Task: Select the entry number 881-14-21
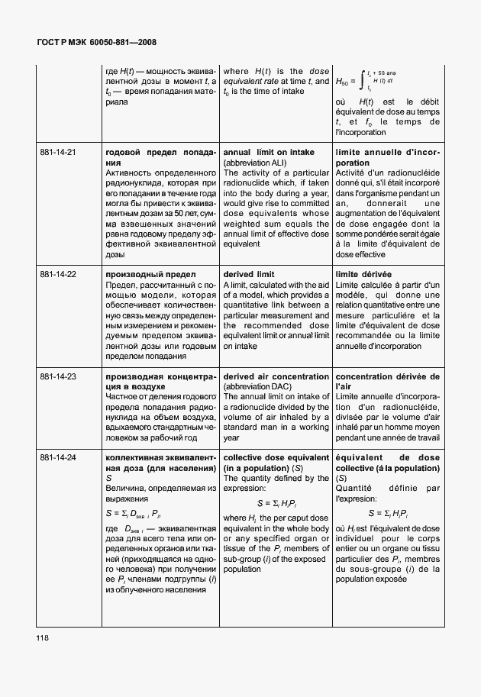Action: coord(58,153)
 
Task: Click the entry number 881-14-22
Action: coord(58,274)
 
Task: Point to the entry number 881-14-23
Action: coord(58,377)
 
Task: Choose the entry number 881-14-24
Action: coord(58,457)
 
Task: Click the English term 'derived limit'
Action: coord(248,274)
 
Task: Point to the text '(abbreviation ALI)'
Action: coord(257,163)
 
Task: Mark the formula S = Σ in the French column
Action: coord(388,513)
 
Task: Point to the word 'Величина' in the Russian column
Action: coord(124,488)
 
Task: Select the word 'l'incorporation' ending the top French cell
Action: coord(360,132)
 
